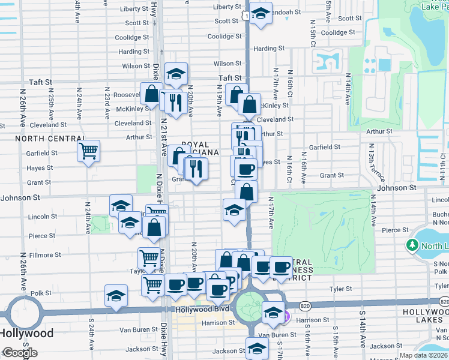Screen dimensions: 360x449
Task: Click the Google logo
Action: [x=19, y=353]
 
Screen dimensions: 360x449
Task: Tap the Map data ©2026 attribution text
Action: [x=424, y=355]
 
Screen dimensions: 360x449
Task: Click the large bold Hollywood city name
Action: [x=26, y=333]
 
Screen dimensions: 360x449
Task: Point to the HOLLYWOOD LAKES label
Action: [x=424, y=316]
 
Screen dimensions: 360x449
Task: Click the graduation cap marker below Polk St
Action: [x=116, y=296]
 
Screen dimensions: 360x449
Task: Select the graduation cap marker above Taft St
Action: [x=176, y=73]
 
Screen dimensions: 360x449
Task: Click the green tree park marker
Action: [x=412, y=245]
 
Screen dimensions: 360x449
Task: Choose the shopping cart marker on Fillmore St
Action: [x=149, y=259]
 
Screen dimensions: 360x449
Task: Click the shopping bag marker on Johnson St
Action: [x=247, y=192]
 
